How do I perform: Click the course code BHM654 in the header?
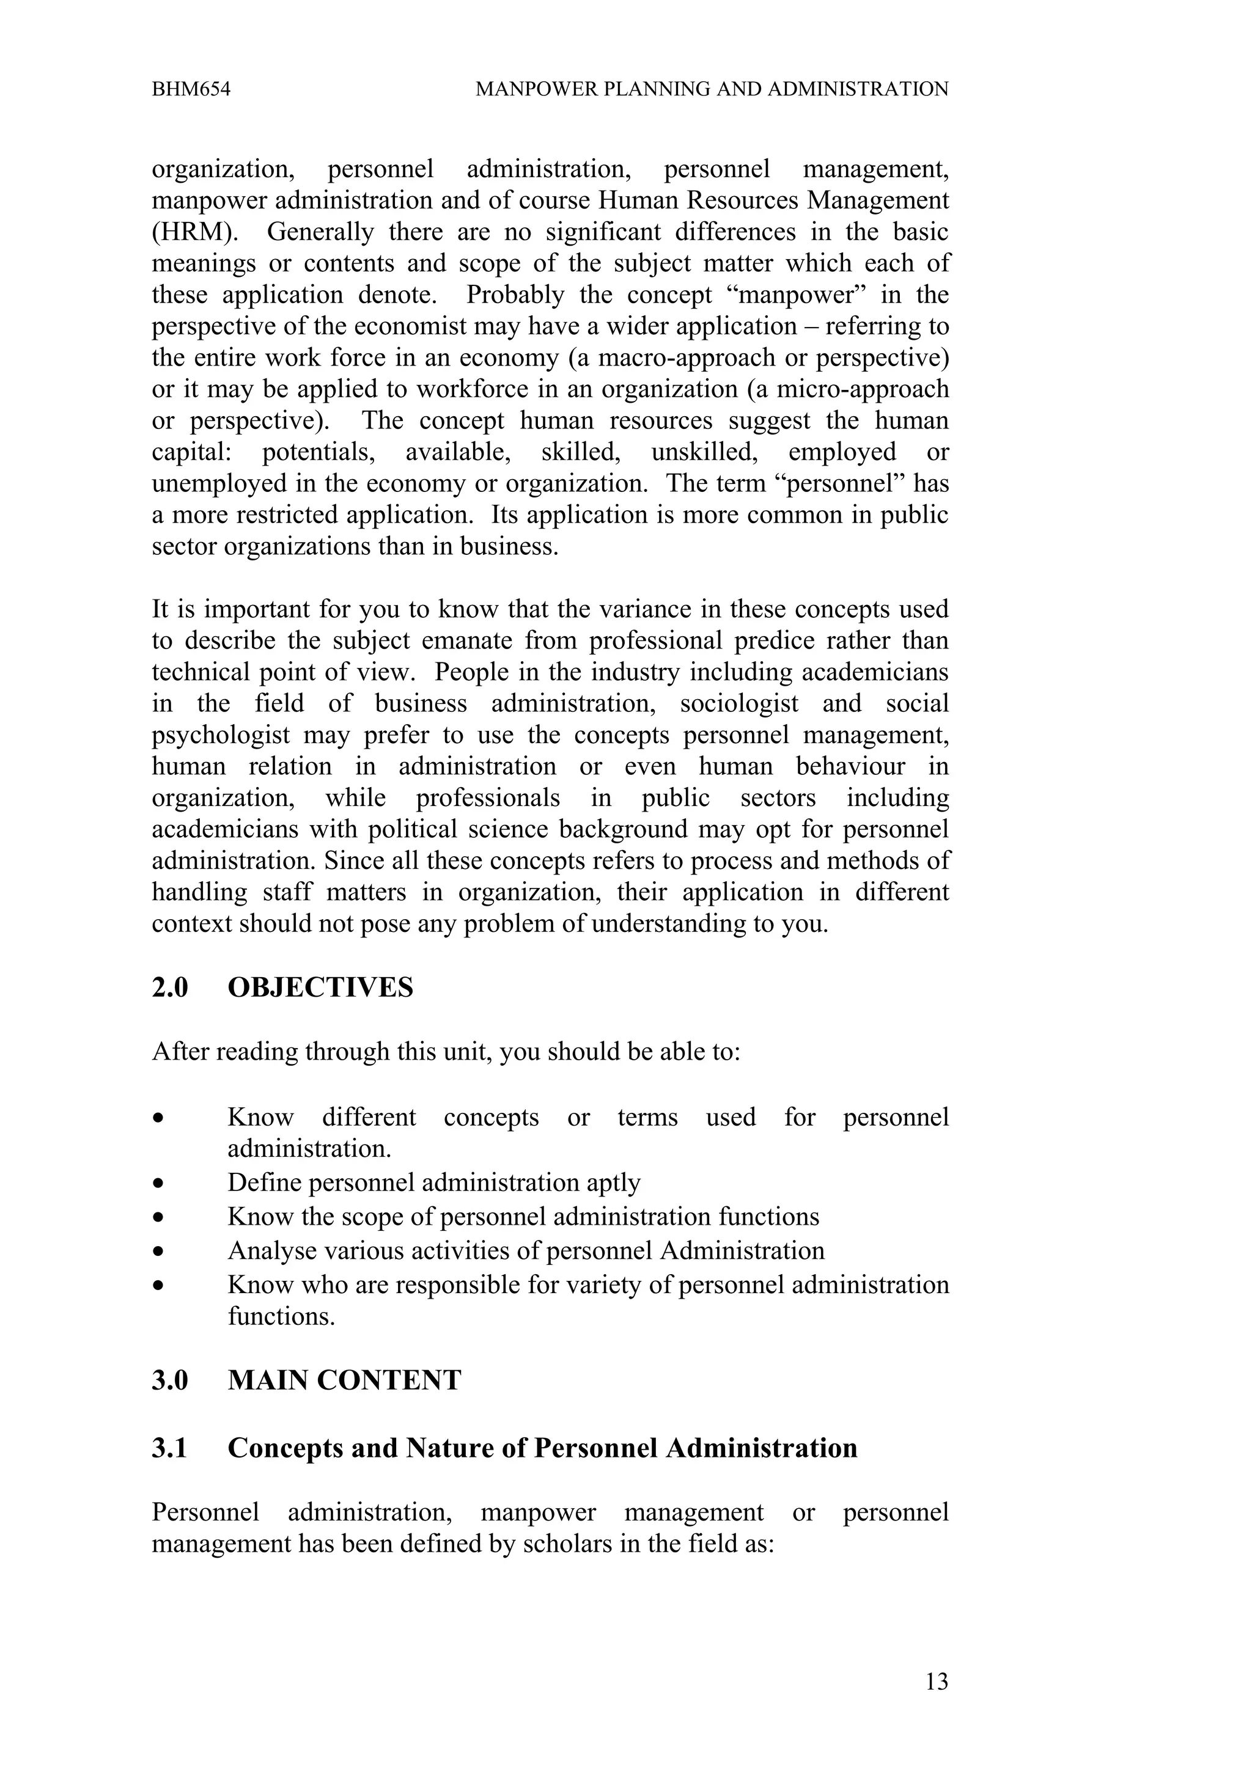pos(191,89)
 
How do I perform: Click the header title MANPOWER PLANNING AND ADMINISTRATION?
pos(711,89)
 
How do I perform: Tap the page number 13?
pos(936,1682)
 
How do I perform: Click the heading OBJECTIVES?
pos(320,988)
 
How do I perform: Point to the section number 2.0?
pos(170,988)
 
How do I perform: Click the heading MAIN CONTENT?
pos(344,1380)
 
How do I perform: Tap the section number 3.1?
pos(170,1448)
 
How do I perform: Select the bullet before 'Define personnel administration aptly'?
pos(158,1183)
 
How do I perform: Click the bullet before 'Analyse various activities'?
pos(158,1251)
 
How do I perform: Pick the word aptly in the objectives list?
pos(613,1182)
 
